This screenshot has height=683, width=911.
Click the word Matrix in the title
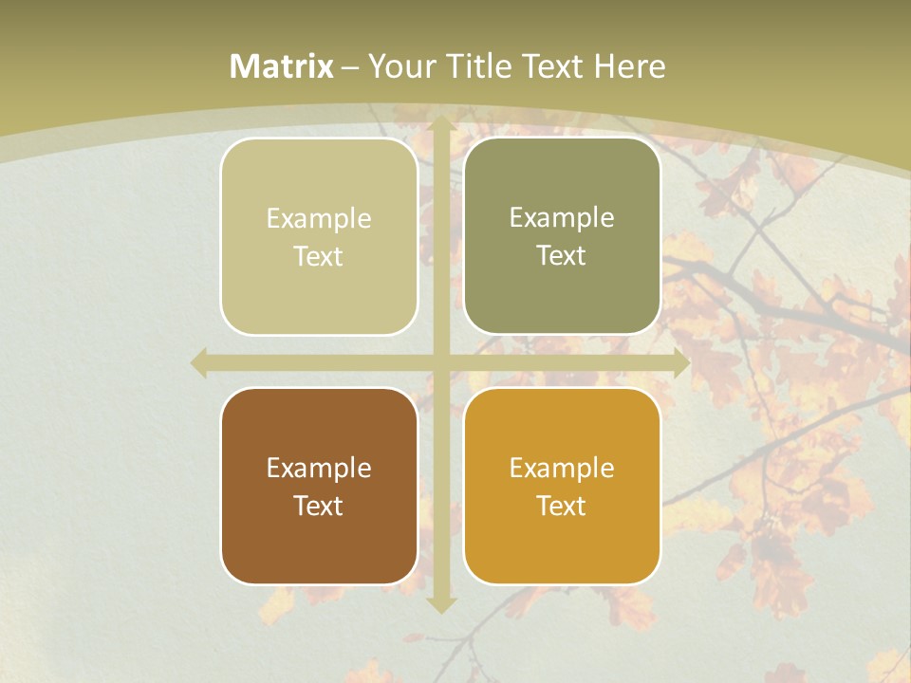click(x=282, y=66)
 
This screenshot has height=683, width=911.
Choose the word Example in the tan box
click(x=319, y=219)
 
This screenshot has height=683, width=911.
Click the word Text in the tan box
click(x=319, y=257)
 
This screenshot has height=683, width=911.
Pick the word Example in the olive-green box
click(x=562, y=218)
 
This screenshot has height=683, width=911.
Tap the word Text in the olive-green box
click(x=562, y=256)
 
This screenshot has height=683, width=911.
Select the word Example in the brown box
click(x=319, y=469)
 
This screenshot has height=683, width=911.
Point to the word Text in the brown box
click(x=319, y=507)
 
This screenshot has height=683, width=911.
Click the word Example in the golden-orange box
click(x=562, y=469)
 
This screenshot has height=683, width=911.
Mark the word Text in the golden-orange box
click(x=562, y=507)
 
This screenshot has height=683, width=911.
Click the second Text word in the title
click(x=551, y=66)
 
